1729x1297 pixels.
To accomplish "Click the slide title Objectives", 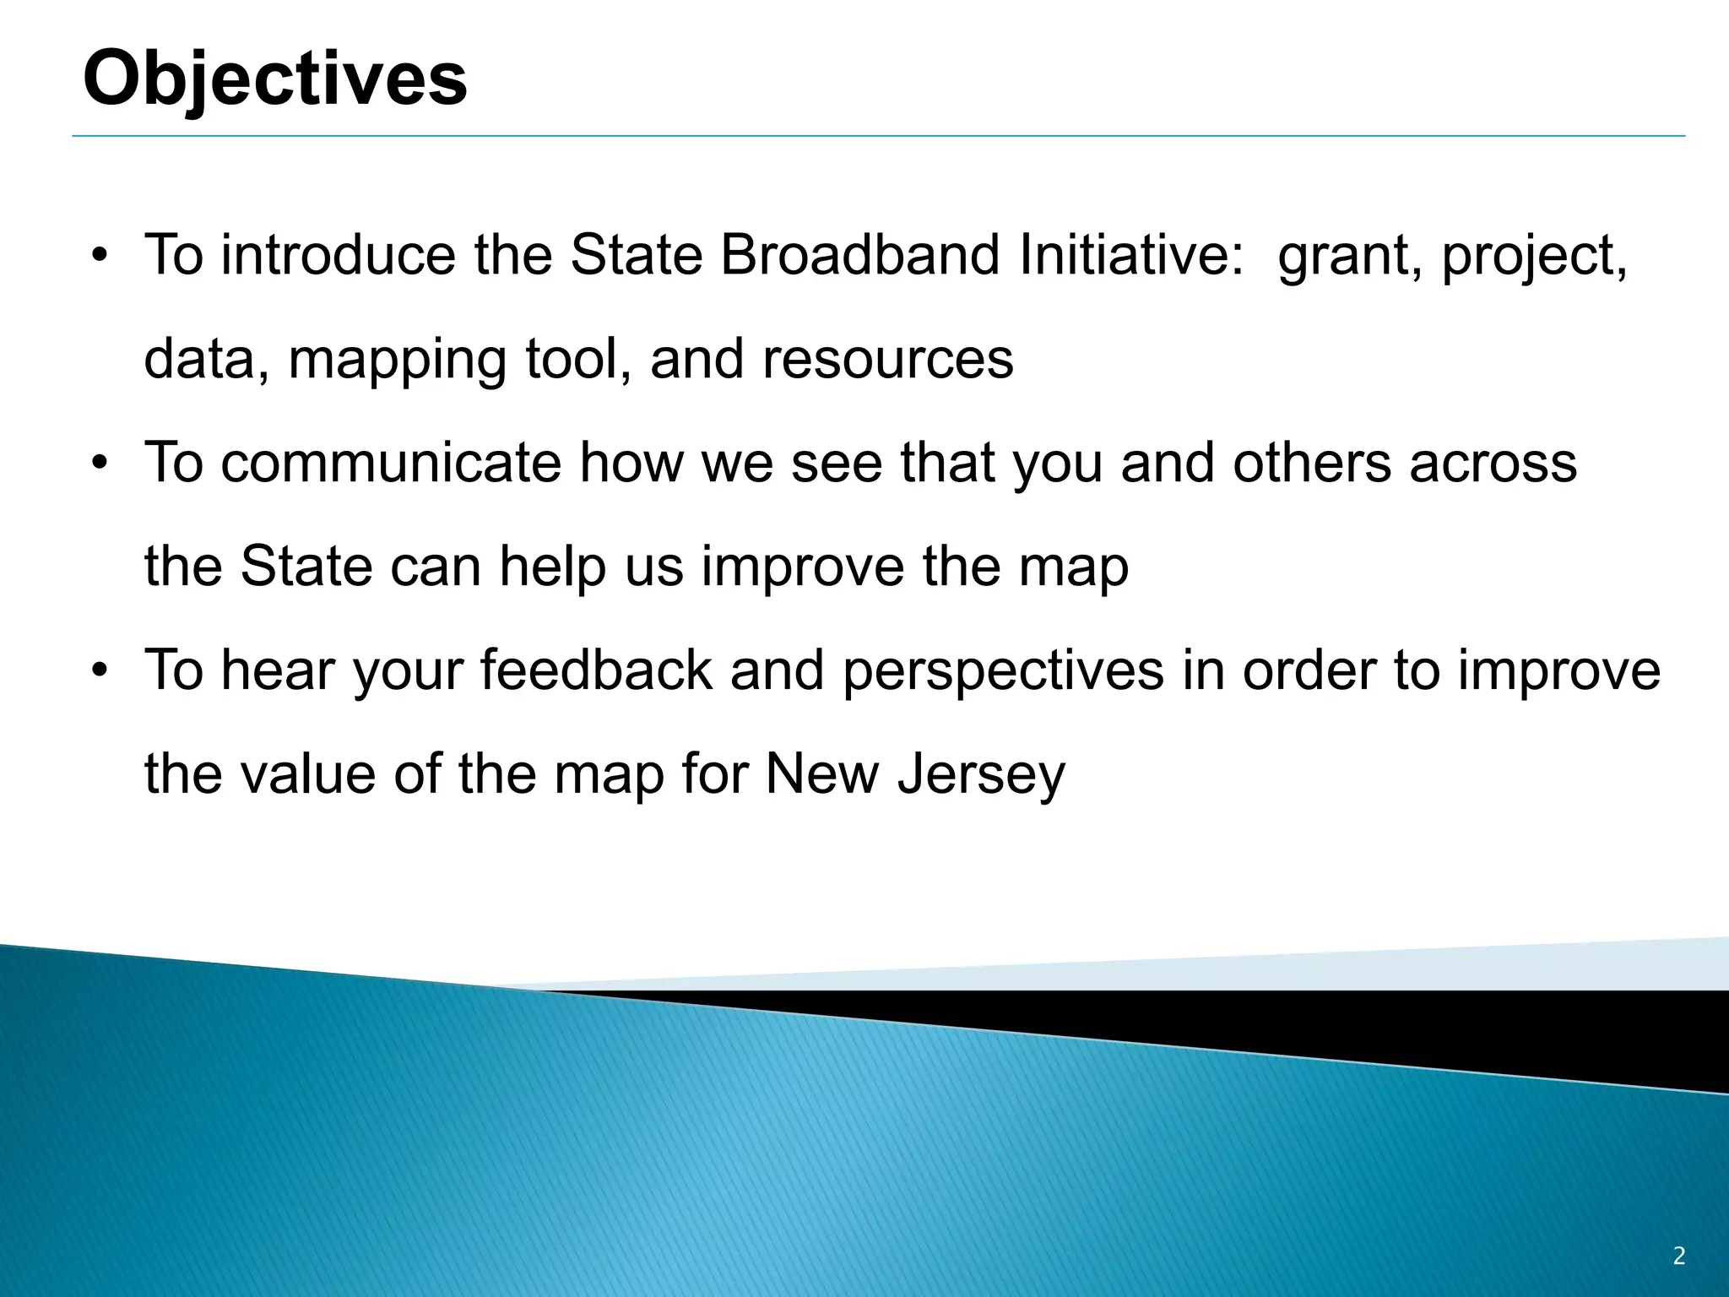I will click(x=275, y=78).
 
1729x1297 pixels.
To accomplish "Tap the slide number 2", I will click(x=1678, y=1256).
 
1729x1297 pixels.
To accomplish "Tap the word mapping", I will click(x=397, y=360).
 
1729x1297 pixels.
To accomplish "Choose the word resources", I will click(x=887, y=360).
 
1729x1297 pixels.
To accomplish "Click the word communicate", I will click(x=391, y=463).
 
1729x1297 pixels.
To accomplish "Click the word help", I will click(x=552, y=567).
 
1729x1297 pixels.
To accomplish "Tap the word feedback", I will click(x=596, y=670).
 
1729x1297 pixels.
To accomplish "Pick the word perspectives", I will click(x=1003, y=672).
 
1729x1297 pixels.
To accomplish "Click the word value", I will click(x=308, y=773).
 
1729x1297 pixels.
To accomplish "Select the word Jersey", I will click(x=981, y=775).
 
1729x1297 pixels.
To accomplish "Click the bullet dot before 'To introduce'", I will click(x=100, y=256).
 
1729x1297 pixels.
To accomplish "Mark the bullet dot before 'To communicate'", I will click(x=100, y=464).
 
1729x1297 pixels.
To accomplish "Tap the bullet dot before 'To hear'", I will click(x=100, y=671).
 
